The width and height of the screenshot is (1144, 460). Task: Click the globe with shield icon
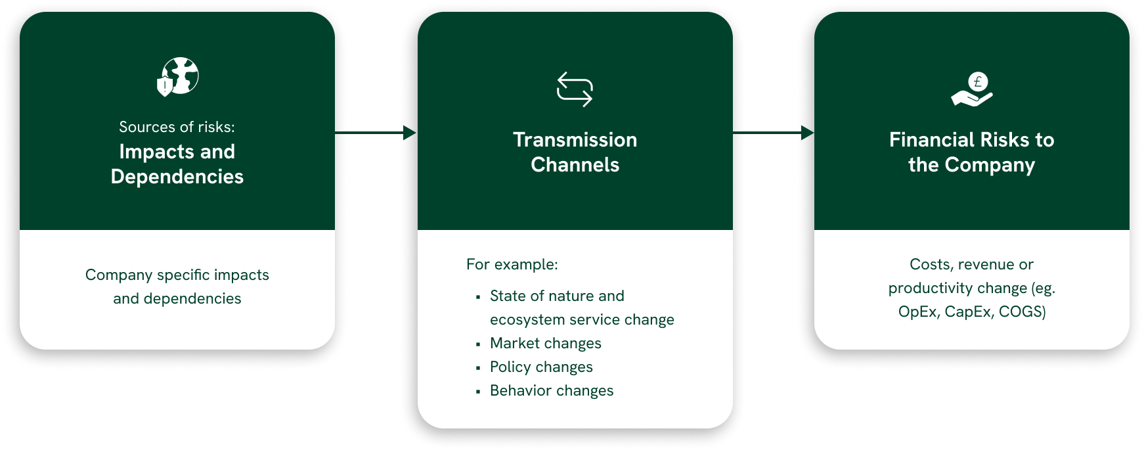[x=177, y=76]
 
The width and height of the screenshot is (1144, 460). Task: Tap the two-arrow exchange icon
[x=575, y=89]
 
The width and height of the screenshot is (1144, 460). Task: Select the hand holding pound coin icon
[x=972, y=89]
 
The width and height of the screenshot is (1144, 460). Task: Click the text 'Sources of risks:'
[x=177, y=127]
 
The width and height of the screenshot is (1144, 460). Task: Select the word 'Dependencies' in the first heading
[x=177, y=177]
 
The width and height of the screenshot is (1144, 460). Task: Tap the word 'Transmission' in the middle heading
[x=575, y=140]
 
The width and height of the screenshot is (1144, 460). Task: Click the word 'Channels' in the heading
[x=575, y=165]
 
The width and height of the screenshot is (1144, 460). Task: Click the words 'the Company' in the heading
[x=972, y=165]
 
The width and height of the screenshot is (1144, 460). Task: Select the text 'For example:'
[x=512, y=264]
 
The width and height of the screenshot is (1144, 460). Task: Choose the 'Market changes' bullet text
[x=546, y=343]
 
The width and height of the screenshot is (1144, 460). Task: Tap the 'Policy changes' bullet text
[x=541, y=367]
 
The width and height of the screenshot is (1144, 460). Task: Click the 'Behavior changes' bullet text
[x=552, y=390]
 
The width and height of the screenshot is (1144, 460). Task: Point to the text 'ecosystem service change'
[x=582, y=319]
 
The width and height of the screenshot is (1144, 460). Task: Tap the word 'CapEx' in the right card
[x=969, y=312]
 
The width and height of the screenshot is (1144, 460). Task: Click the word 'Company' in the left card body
[x=119, y=275]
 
